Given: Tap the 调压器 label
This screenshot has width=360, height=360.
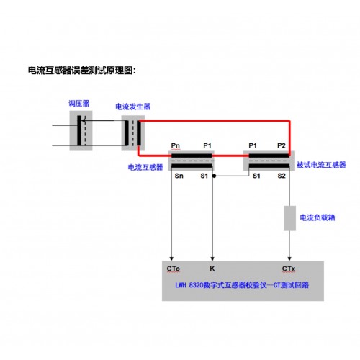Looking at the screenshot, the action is click(79, 104).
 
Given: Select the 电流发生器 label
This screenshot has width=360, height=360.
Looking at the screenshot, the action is click(133, 107).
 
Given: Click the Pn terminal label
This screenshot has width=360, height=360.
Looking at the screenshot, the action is click(176, 145).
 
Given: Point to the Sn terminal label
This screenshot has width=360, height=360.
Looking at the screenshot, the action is click(179, 176).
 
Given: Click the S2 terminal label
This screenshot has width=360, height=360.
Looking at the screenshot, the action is click(282, 176).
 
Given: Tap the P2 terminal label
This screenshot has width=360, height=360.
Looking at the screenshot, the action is click(282, 145).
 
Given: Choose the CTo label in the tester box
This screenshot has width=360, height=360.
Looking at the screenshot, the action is click(174, 269).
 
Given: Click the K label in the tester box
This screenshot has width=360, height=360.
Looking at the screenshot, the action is click(212, 269).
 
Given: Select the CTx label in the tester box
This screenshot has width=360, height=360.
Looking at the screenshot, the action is click(289, 269).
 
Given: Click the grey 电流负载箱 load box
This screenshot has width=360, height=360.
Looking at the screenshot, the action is click(289, 218).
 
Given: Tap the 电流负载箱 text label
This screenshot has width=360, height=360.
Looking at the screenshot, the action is click(318, 217).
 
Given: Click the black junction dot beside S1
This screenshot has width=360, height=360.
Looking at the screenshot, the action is click(215, 176).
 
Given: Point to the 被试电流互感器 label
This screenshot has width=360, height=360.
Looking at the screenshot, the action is click(321, 165).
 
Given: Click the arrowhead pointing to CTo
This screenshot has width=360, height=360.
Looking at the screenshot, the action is click(171, 258).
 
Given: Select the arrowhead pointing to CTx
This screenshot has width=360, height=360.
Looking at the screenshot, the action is click(289, 258).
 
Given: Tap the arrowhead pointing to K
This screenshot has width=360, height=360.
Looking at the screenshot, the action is click(212, 258).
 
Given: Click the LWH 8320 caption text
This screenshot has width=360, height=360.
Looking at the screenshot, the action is click(242, 285).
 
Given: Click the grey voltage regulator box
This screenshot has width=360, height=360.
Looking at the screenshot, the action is click(81, 130).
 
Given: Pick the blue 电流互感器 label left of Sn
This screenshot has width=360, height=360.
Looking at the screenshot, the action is click(145, 167).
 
